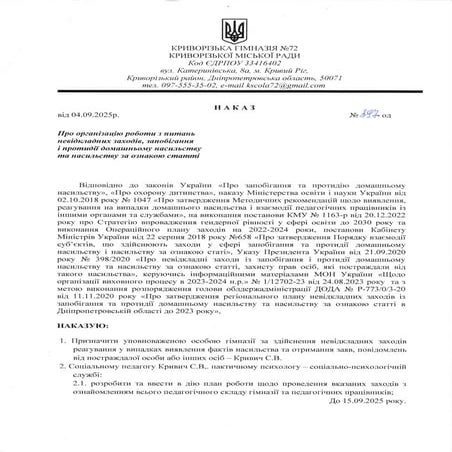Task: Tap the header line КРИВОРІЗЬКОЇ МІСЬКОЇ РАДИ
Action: click(225, 54)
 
